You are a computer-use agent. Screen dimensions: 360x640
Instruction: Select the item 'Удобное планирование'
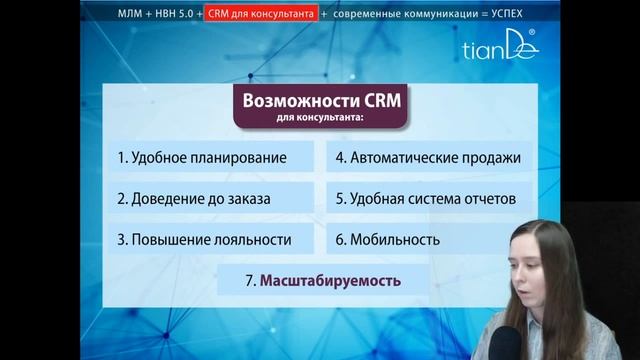(202, 158)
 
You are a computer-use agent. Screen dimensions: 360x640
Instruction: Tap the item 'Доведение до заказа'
(194, 199)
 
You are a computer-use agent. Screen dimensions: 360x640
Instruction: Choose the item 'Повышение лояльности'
(204, 240)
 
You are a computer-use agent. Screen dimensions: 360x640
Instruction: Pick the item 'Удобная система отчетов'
(425, 199)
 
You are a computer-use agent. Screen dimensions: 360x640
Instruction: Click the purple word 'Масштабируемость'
(331, 281)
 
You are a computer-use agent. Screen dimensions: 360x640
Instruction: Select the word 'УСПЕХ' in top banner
(500, 14)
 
